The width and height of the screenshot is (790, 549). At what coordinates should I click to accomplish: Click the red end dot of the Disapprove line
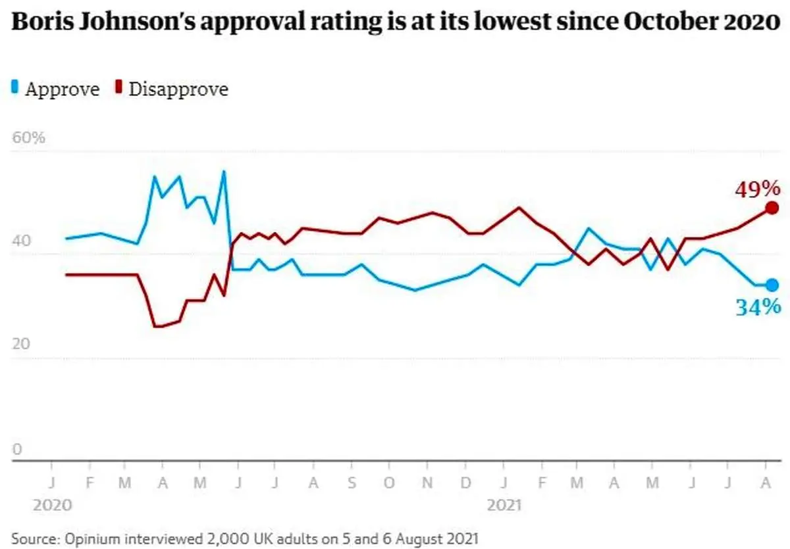[772, 208]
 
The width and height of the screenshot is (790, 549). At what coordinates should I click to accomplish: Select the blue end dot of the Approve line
[772, 285]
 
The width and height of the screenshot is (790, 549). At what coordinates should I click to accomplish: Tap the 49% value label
[757, 190]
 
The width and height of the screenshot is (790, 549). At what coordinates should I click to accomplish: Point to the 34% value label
[758, 306]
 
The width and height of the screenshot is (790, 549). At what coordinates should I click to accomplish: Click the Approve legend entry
[57, 89]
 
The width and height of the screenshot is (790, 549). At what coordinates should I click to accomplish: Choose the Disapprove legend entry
[172, 89]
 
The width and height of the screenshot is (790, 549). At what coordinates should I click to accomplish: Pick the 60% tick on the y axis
[28, 139]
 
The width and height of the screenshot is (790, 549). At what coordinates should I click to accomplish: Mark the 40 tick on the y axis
[21, 241]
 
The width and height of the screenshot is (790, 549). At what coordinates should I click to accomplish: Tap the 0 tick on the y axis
[17, 450]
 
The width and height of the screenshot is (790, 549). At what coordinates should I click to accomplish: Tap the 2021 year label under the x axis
[504, 505]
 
